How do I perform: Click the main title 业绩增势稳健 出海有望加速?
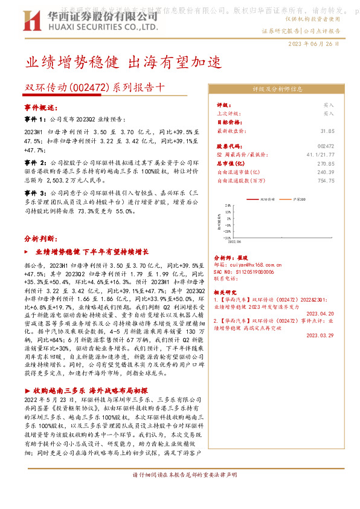123,62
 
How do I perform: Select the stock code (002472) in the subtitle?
89,86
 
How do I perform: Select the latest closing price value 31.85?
327,131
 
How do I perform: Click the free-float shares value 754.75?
325,180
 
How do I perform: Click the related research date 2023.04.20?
320,314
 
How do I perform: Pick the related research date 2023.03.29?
320,334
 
